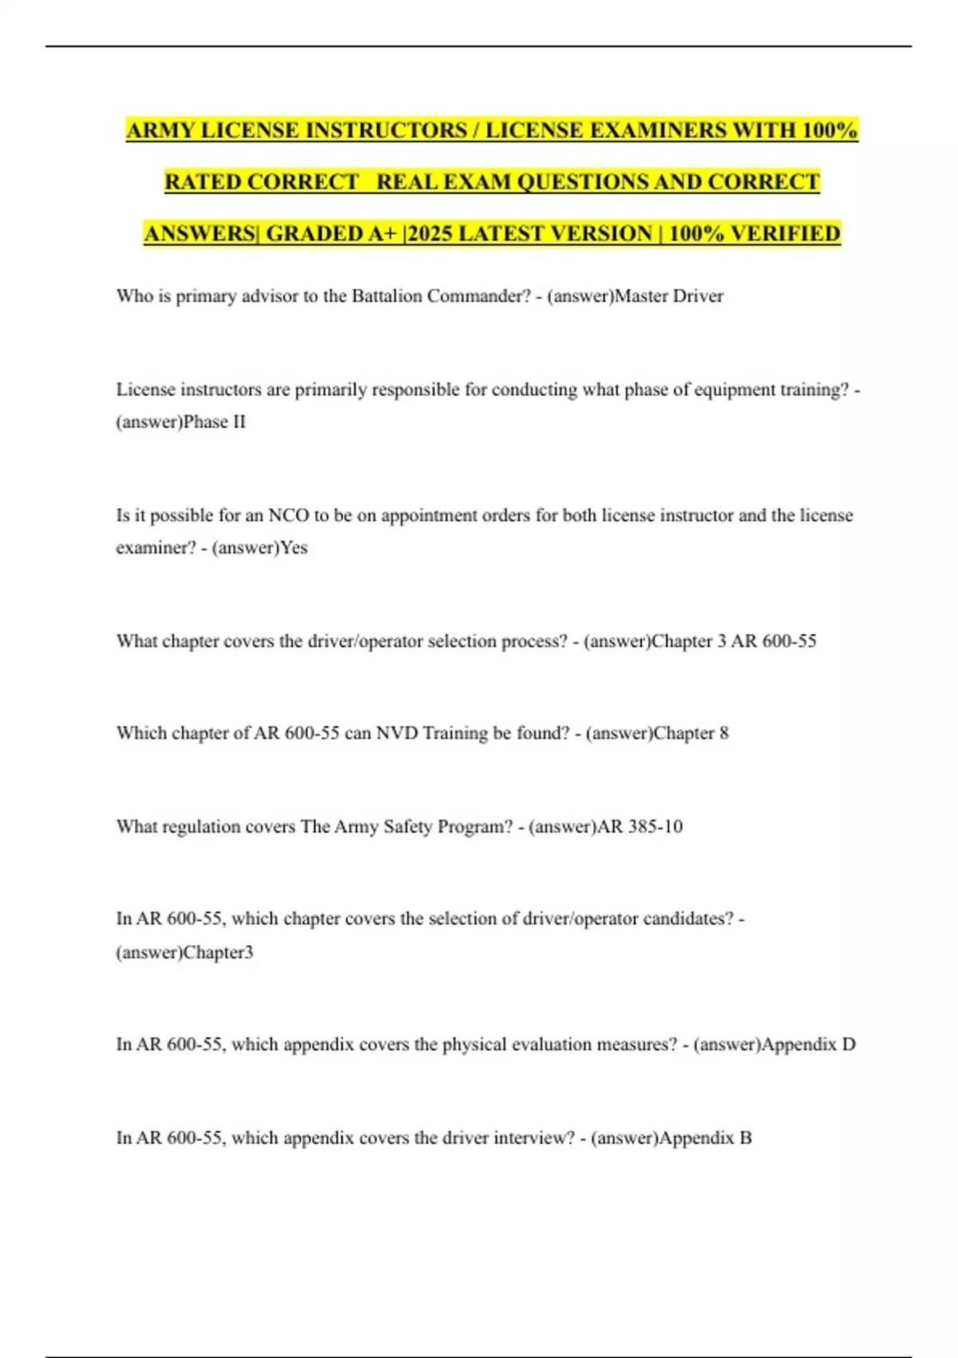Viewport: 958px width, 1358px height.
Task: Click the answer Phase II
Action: click(214, 422)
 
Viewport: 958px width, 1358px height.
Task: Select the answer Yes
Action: click(294, 548)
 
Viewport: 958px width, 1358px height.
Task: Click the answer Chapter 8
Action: click(691, 733)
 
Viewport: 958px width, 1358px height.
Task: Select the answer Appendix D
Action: click(809, 1045)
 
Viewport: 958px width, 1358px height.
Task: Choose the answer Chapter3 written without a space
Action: click(218, 952)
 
